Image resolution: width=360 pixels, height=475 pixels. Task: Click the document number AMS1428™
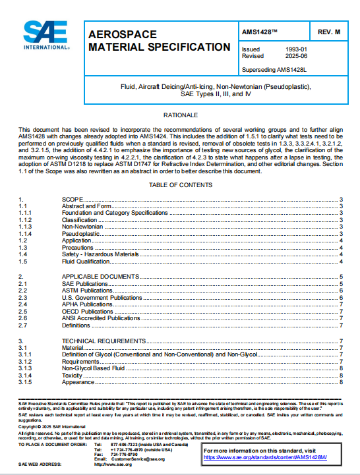coord(260,31)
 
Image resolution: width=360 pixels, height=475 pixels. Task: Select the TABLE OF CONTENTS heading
coord(180,185)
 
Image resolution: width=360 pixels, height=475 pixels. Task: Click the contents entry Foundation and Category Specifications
coord(115,213)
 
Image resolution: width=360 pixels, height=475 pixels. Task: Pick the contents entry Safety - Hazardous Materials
coord(100,254)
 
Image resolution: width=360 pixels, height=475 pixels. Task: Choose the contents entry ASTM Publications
coord(88,290)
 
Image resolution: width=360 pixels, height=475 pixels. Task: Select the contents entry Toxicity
coord(73,375)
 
